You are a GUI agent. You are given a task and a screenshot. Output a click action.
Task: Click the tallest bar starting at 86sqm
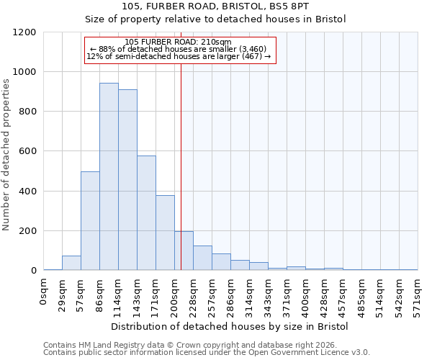[109, 176]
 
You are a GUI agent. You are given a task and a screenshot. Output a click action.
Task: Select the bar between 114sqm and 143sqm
[127, 180]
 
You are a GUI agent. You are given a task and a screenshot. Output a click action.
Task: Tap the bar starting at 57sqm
[90, 221]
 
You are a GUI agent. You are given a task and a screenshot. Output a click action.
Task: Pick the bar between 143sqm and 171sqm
[146, 213]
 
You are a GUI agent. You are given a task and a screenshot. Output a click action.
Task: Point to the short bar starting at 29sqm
[71, 263]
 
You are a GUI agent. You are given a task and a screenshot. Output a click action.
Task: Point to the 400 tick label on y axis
[27, 192]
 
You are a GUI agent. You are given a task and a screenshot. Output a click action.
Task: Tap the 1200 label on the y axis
[24, 32]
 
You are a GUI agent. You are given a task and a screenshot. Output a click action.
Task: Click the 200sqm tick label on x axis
[174, 294]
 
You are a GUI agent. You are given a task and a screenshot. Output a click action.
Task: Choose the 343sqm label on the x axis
[268, 294]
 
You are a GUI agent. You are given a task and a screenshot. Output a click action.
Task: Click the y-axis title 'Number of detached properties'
[6, 151]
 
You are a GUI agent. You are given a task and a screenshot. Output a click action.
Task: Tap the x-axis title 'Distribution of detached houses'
[230, 326]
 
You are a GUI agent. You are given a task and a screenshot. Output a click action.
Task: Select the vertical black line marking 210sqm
[181, 158]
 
